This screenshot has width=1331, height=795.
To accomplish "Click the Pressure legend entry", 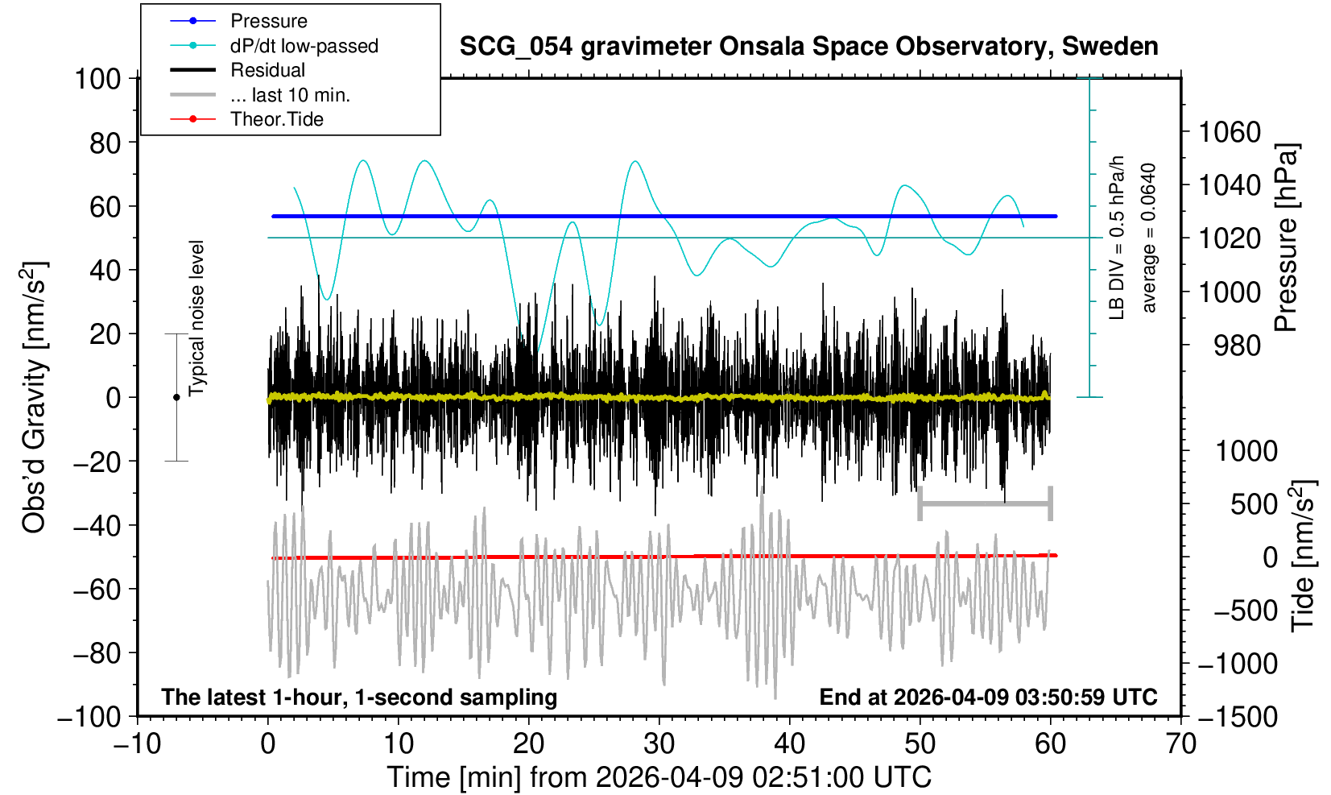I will [x=268, y=21].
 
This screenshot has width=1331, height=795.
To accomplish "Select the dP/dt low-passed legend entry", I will [x=304, y=46].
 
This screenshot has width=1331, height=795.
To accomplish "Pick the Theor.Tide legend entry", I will [x=276, y=119].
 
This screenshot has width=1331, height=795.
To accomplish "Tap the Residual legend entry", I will [x=267, y=70].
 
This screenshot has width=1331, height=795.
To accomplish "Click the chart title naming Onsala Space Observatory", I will [x=808, y=47].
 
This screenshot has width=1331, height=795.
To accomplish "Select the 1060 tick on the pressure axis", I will [x=1229, y=131].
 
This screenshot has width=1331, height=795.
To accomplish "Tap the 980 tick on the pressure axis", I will [x=1237, y=346].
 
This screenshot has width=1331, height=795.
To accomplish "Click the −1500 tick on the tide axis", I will [x=1238, y=716].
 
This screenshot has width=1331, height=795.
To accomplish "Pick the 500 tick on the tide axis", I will [x=1254, y=504].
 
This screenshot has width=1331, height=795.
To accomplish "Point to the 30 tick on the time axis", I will [x=659, y=743].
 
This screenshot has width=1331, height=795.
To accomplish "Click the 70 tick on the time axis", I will [x=1180, y=743].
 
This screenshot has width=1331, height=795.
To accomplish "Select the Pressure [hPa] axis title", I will [x=1286, y=238].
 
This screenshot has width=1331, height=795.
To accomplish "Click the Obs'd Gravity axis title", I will [x=34, y=397].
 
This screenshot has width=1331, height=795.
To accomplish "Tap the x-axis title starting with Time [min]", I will [x=659, y=777].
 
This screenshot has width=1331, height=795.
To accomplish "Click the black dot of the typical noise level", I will [x=176, y=397].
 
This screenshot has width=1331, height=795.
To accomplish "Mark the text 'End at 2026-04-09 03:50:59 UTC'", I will [x=988, y=697].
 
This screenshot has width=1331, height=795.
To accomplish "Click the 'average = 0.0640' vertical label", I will [x=1149, y=238].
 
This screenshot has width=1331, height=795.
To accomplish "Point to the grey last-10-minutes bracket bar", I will [x=985, y=504].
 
